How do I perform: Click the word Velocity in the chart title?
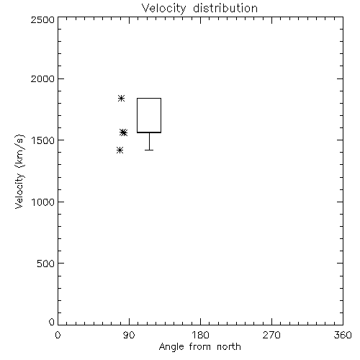(x=163, y=9)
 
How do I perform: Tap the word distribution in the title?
(x=225, y=8)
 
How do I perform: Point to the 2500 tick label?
(x=42, y=19)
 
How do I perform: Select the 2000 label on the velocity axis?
(x=42, y=79)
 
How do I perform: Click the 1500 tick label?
(x=43, y=140)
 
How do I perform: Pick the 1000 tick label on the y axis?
(x=43, y=202)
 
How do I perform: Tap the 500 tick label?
(x=46, y=264)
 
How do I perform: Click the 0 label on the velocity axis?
(x=52, y=322)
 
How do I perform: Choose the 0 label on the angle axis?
(x=58, y=335)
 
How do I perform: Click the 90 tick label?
(x=129, y=335)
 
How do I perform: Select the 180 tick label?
(x=200, y=335)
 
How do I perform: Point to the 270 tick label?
(x=271, y=335)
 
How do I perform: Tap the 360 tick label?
(x=343, y=335)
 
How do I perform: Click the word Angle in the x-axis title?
(x=171, y=347)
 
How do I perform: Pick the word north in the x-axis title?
(x=229, y=346)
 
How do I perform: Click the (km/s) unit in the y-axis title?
(x=19, y=151)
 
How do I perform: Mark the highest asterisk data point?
(x=122, y=98)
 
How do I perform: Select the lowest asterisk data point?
(x=120, y=150)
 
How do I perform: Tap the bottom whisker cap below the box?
(x=149, y=150)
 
